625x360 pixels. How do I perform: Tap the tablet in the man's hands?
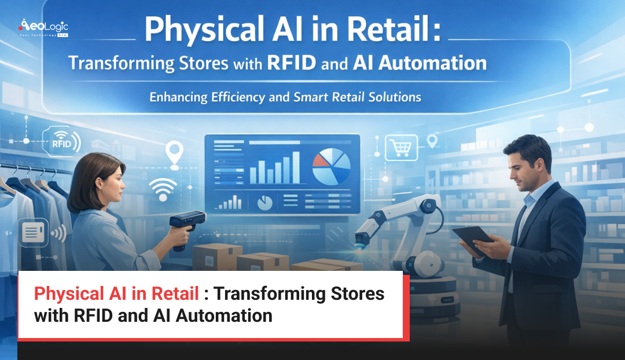click(473, 238)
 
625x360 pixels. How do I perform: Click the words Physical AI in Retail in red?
click(116, 293)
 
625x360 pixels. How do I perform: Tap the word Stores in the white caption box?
click(356, 293)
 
